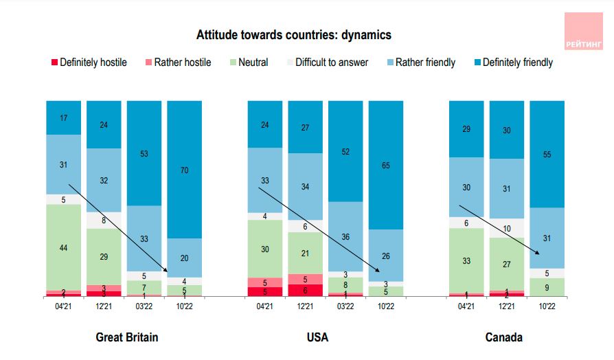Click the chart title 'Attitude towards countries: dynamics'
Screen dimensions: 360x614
tap(293, 35)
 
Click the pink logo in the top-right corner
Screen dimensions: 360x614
tap(583, 31)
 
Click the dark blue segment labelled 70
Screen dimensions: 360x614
tap(184, 169)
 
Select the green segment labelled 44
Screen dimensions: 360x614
tap(63, 247)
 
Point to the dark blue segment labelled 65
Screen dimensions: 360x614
tap(386, 165)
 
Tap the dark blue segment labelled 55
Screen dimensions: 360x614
tap(547, 154)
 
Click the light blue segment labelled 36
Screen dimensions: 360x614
tap(345, 236)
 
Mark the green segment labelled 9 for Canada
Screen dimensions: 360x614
tap(547, 287)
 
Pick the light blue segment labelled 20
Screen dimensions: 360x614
tap(184, 258)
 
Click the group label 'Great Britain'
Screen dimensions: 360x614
tap(126, 337)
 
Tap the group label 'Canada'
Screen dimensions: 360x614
tap(503, 337)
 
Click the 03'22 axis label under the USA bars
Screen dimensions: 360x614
tap(345, 306)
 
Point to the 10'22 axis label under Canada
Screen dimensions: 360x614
tap(547, 306)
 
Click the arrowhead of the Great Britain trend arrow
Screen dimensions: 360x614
tap(166, 272)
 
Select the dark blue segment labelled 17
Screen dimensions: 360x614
tap(63, 117)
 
